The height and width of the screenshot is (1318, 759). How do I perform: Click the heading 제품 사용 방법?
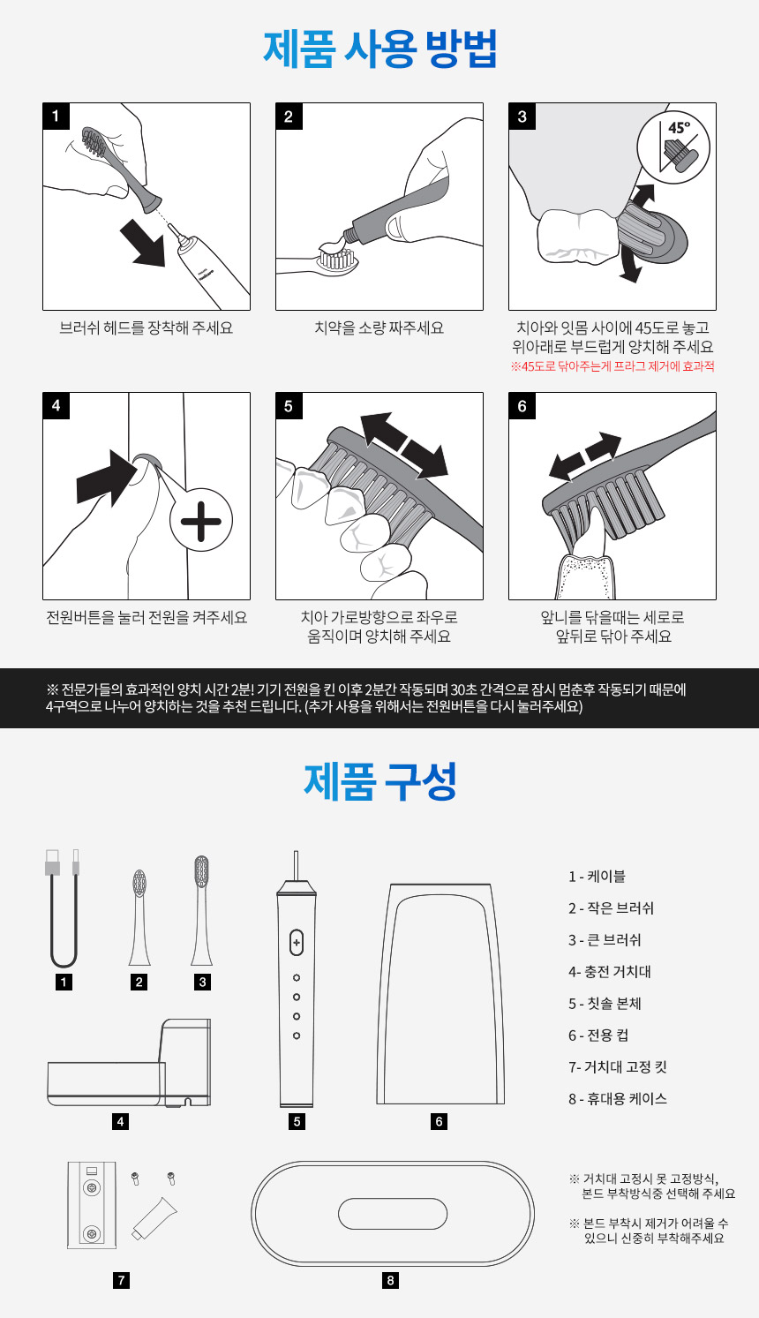pos(380,49)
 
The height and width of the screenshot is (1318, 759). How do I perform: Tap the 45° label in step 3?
pos(679,128)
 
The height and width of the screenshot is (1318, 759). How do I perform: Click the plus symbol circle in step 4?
pos(201,521)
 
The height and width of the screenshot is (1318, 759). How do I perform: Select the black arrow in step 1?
pos(143,241)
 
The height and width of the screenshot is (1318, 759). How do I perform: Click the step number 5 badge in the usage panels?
pos(289,406)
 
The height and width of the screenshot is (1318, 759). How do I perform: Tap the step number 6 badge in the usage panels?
pos(522,406)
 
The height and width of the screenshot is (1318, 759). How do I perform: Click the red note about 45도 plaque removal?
pos(612,366)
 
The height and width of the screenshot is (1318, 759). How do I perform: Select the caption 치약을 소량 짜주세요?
pos(379,328)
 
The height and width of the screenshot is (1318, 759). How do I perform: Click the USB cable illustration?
pos(63,908)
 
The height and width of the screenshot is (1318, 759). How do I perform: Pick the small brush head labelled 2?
pos(139,917)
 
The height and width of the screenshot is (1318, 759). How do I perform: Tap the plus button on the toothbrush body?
pos(297,943)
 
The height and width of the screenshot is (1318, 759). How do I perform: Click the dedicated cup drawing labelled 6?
pos(440,994)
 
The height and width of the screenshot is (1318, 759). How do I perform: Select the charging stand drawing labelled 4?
pos(129,1063)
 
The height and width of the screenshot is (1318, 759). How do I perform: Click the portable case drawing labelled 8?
pos(393,1213)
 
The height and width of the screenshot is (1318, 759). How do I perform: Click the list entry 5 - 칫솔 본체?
pos(605,1003)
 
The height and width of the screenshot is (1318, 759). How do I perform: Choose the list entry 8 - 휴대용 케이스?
pos(618,1098)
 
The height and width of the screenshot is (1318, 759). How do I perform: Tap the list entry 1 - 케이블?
pos(597,876)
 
